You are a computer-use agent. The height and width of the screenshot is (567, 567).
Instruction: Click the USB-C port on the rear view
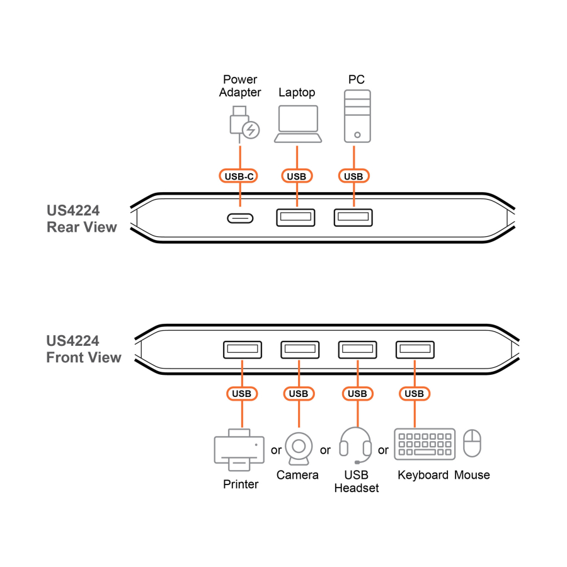coord(240,218)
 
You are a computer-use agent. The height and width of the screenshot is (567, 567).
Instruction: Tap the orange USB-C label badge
coord(239,176)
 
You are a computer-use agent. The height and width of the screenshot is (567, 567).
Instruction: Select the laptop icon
coord(297,123)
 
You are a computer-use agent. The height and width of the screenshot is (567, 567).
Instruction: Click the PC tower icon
coord(357,115)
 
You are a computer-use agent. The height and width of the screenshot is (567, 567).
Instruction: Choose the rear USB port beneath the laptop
coord(295,217)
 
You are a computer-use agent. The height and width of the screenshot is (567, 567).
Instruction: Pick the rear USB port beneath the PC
coord(353,217)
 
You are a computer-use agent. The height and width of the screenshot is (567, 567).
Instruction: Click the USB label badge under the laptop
coord(296,176)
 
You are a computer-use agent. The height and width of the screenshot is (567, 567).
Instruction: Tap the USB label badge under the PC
coord(353,176)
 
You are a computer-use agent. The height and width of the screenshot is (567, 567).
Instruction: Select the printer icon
coord(240,450)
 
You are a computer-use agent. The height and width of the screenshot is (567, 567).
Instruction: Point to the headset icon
coord(355,445)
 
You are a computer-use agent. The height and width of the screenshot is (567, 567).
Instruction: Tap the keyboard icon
coord(425,445)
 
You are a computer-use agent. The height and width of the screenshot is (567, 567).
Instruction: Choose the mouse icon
coord(472,444)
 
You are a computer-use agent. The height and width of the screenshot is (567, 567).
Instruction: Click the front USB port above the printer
coord(241,349)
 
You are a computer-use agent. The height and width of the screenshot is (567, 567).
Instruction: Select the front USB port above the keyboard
coord(415,349)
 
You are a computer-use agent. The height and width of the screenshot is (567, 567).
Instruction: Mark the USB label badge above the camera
coord(299,394)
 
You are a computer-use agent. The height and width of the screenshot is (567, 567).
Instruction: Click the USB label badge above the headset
coord(357,394)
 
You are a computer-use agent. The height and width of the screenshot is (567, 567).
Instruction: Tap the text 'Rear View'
coord(82,227)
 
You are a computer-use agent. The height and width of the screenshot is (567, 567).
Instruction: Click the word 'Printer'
coord(241,484)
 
